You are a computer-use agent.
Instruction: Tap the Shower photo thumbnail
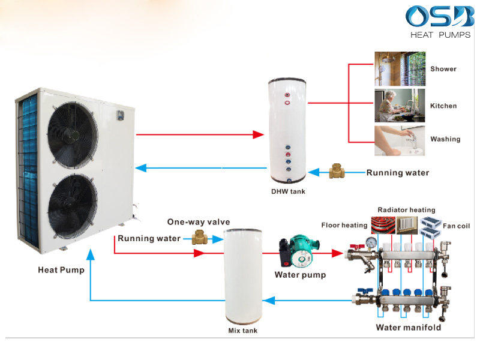pyautogui.click(x=400, y=69)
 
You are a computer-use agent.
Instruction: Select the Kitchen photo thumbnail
pyautogui.click(x=400, y=106)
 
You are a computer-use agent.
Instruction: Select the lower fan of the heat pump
pyautogui.click(x=73, y=205)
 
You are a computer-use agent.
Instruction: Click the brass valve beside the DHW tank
pyautogui.click(x=337, y=173)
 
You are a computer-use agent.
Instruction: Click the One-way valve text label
pyautogui.click(x=198, y=222)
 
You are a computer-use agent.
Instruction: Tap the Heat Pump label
pyautogui.click(x=61, y=270)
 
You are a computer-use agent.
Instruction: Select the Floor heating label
pyautogui.click(x=344, y=225)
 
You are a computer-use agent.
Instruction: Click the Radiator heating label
pyautogui.click(x=406, y=210)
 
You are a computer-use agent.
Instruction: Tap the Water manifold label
pyautogui.click(x=408, y=328)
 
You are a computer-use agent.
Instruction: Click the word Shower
pyautogui.click(x=443, y=69)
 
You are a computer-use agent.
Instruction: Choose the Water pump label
pyautogui.click(x=300, y=275)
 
